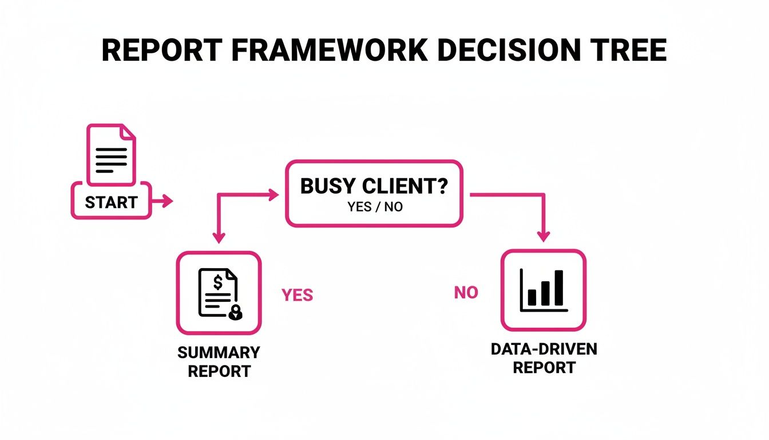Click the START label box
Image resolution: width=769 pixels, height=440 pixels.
point(111,202)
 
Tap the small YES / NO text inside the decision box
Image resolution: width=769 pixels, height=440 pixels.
point(374,207)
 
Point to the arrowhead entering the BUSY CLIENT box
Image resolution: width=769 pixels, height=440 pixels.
point(273,195)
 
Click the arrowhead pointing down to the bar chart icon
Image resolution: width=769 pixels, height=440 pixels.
point(544,235)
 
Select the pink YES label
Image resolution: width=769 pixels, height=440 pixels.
point(297,295)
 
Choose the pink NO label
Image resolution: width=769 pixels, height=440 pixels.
point(466,293)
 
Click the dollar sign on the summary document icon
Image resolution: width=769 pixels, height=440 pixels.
point(217,282)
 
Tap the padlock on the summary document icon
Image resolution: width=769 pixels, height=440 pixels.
point(235,312)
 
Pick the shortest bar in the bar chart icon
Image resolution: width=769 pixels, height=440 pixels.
point(532,297)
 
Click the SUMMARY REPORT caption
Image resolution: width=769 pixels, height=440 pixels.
point(219,362)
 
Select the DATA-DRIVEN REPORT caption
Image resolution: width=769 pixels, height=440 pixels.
point(544,358)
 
